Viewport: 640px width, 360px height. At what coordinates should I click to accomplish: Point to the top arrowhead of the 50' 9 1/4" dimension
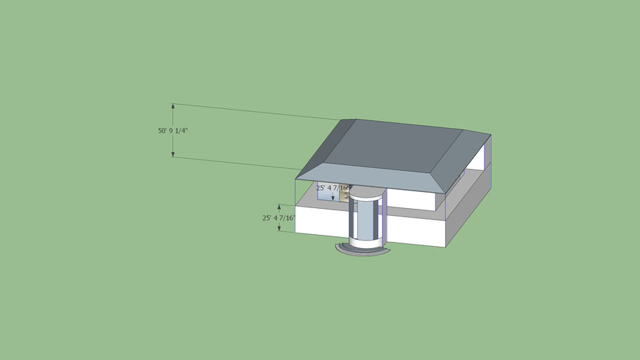pos(173,107)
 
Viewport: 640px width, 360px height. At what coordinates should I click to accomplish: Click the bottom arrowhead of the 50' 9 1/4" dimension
pos(173,154)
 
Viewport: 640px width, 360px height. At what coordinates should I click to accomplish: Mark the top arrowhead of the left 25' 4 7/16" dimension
pos(279,207)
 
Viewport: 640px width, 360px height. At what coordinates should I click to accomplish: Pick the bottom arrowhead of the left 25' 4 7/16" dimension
pos(279,229)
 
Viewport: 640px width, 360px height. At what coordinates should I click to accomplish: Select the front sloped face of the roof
pos(373,178)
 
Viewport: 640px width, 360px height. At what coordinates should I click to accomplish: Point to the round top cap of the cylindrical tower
pos(368,191)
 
